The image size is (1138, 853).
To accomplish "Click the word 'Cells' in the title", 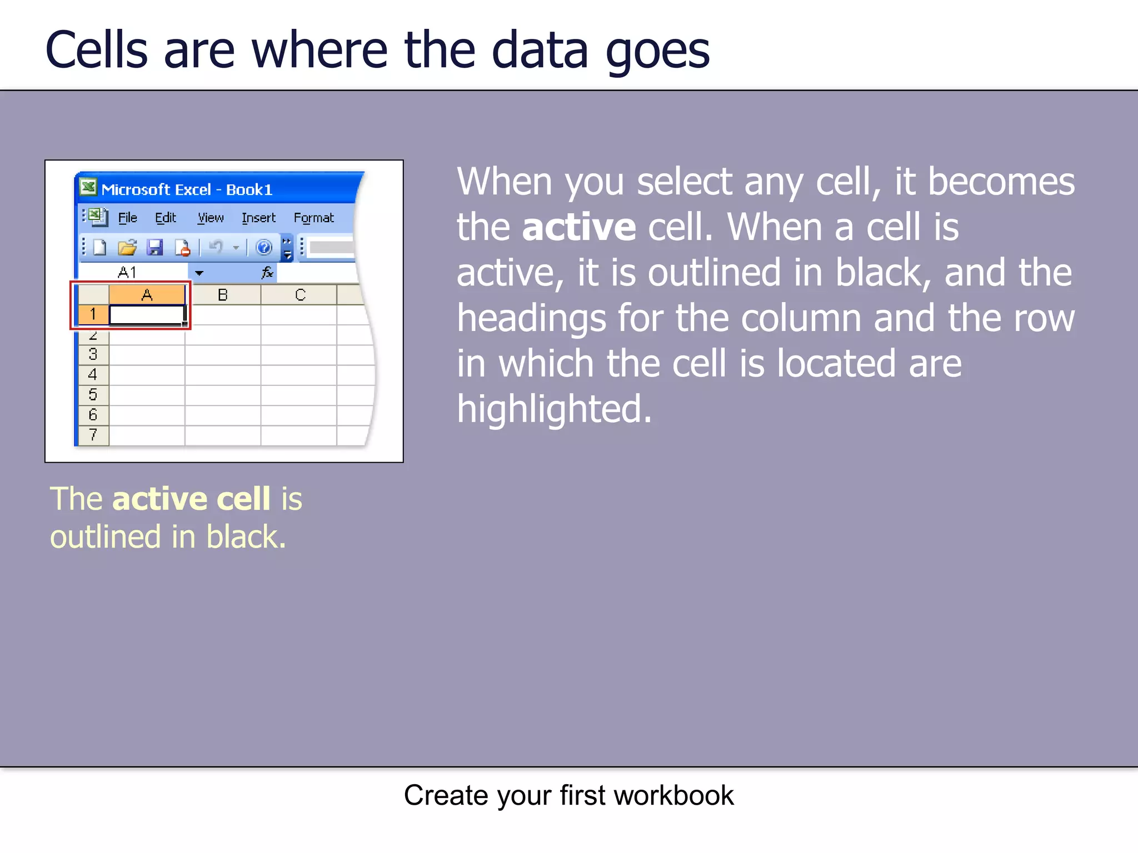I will click(97, 51).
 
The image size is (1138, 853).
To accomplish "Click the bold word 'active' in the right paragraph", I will click(578, 228).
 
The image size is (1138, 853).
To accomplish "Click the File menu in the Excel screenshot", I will click(127, 218).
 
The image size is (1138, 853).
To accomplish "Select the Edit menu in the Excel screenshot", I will click(165, 218).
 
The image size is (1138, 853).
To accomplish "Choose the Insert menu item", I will click(258, 218).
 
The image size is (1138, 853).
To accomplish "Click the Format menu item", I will click(313, 218).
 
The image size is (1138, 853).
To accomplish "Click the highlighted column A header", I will click(147, 294).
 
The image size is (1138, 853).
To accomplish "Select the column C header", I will click(300, 294).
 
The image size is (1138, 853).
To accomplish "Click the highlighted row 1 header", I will click(93, 314).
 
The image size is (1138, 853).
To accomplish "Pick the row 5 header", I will click(93, 394).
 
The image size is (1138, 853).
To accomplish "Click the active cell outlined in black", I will click(147, 314).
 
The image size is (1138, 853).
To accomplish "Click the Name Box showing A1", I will click(133, 272).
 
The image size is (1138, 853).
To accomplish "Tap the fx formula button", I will click(267, 272).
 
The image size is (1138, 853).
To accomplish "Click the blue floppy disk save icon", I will click(154, 247).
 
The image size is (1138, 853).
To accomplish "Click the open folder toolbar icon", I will click(127, 247).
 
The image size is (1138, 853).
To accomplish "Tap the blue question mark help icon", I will click(264, 247).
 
